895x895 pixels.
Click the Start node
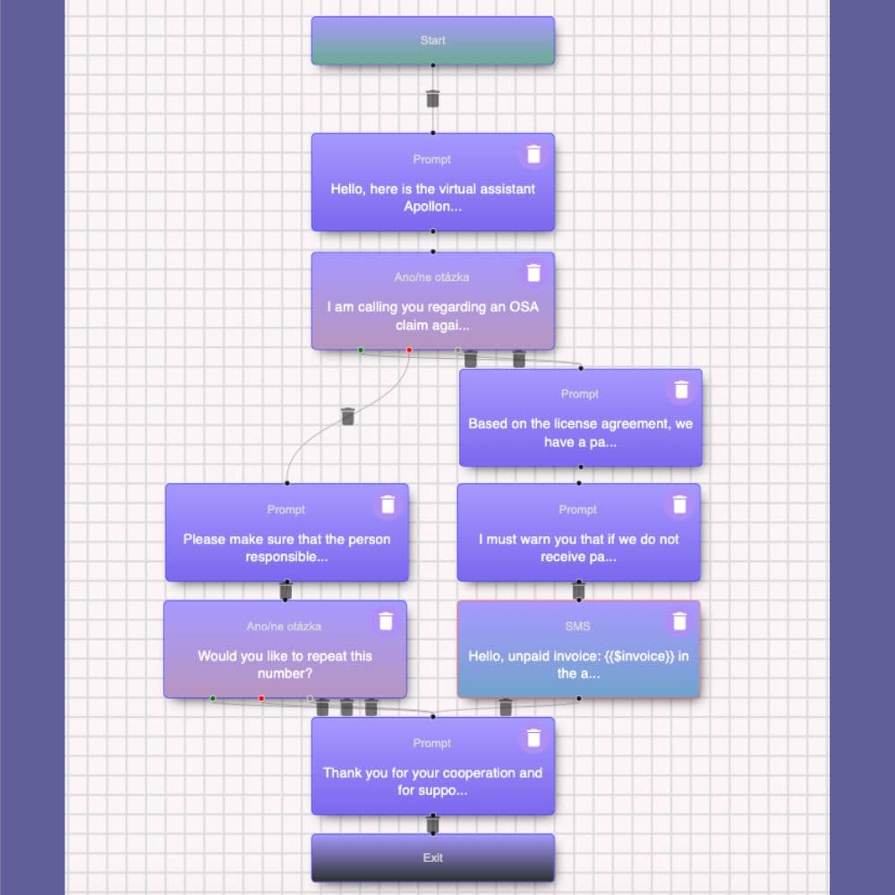(432, 40)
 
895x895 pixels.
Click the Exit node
(432, 857)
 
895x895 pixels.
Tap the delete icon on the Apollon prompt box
(533, 154)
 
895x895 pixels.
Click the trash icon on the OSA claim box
(533, 273)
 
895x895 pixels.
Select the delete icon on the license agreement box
(681, 390)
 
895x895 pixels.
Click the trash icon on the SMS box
(679, 621)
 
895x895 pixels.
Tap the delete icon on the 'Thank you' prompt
(533, 738)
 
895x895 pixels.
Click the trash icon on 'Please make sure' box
(388, 505)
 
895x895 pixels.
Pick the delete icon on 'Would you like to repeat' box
(386, 621)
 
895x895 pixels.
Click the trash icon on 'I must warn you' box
(679, 505)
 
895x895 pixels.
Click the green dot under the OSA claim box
(361, 351)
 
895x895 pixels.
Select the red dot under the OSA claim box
(409, 351)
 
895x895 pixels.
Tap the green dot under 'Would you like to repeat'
(213, 699)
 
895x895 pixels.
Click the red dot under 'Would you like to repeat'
(261, 699)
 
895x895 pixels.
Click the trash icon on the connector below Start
(432, 98)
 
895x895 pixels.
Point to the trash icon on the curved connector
(347, 416)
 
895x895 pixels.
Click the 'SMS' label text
(577, 626)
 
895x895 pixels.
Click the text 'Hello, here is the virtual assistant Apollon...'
(432, 198)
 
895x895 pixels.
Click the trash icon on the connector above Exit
(432, 824)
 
